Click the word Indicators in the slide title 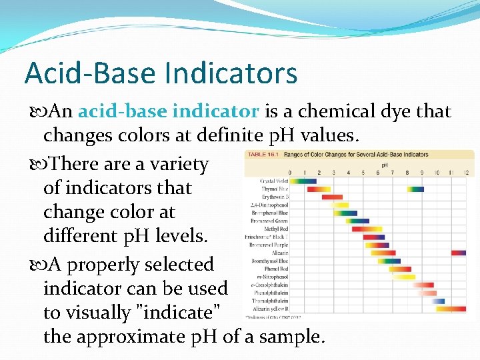[233, 73]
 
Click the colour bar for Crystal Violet [304, 181]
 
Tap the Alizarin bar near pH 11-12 [459, 253]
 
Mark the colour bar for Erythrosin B [332, 197]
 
